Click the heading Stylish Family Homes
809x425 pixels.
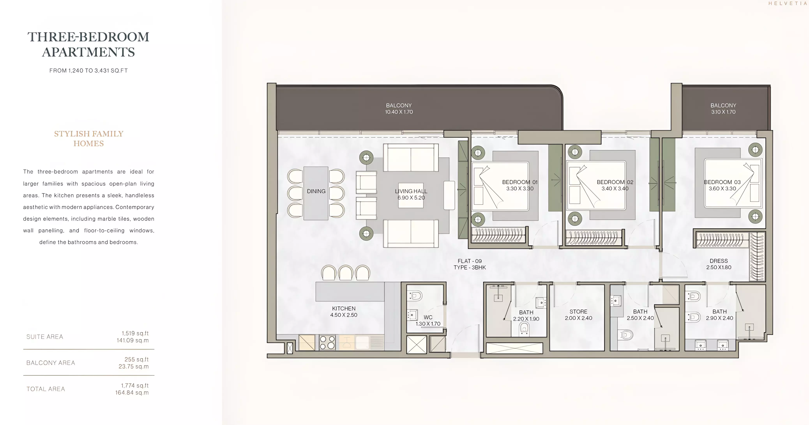(x=89, y=139)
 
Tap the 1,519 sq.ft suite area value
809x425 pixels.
(x=135, y=333)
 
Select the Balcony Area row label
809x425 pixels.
(x=51, y=363)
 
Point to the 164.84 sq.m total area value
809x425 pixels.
(x=132, y=393)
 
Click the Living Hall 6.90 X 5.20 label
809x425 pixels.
(x=411, y=194)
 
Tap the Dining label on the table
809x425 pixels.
(x=316, y=191)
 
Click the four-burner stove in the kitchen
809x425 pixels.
(x=327, y=342)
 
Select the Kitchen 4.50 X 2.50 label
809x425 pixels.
(x=344, y=312)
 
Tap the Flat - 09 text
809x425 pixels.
(x=470, y=261)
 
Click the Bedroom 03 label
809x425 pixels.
(x=722, y=182)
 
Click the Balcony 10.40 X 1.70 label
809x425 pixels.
(x=399, y=109)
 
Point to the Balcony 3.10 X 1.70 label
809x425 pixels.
(x=723, y=109)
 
